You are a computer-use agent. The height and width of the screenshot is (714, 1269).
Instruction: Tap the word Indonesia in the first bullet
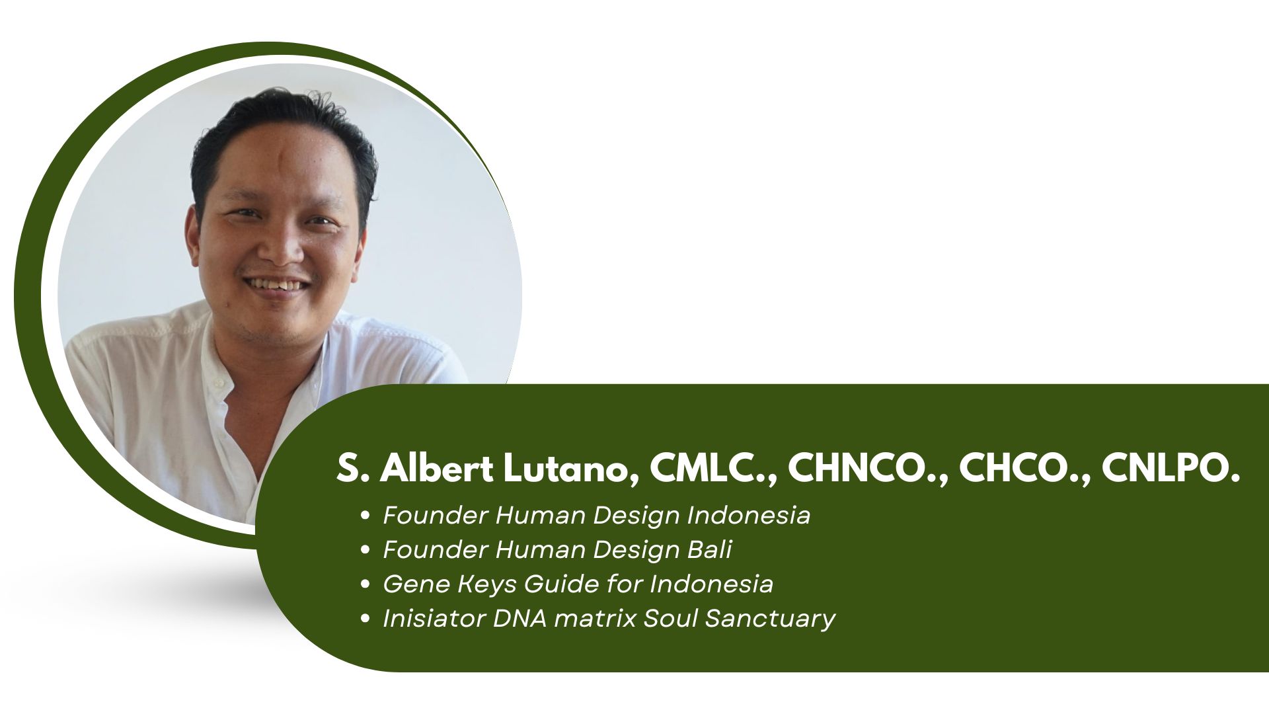click(749, 515)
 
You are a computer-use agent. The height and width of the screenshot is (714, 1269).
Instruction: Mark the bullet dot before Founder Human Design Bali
click(365, 550)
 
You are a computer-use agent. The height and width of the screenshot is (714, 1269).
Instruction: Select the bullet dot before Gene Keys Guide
click(365, 584)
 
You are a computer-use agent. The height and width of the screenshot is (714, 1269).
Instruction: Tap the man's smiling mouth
click(276, 285)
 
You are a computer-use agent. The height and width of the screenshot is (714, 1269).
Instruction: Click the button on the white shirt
click(216, 383)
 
